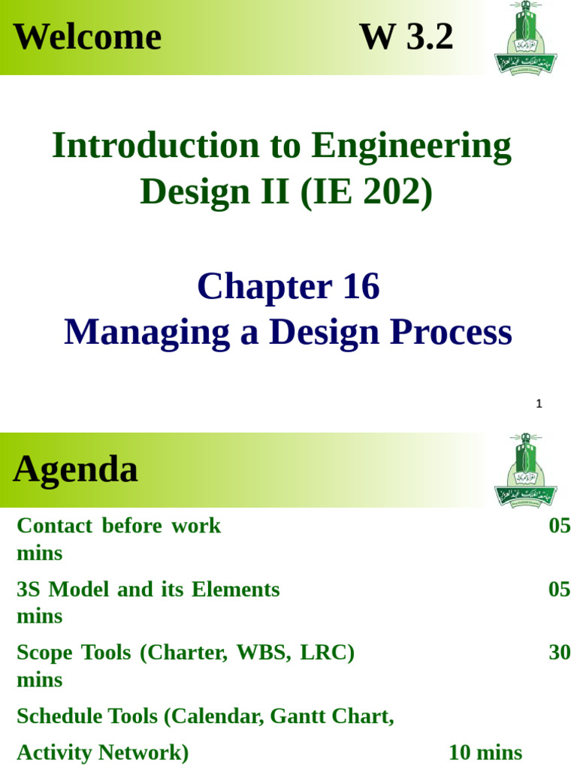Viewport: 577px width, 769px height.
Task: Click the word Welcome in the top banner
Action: tap(87, 37)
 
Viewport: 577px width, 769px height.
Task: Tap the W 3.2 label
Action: tap(406, 37)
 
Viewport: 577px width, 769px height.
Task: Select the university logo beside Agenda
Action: tap(525, 470)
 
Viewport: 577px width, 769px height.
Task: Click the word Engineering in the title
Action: tap(412, 146)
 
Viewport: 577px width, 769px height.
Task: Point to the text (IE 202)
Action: tap(367, 191)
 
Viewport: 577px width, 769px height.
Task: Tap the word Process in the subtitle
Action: tap(454, 333)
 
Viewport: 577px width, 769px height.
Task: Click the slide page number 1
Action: tap(539, 404)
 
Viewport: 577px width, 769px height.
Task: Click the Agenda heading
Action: tap(76, 470)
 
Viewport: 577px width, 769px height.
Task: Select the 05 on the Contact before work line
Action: tap(560, 526)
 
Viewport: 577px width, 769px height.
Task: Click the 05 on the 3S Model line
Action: tap(560, 590)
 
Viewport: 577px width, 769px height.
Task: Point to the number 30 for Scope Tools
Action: tap(560, 653)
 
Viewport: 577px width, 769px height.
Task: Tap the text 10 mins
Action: tap(485, 752)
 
